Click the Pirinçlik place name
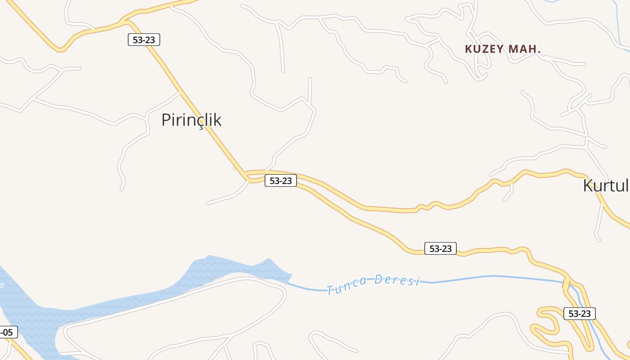coord(191,120)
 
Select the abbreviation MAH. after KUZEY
coord(525,49)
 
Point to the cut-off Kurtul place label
coord(605,185)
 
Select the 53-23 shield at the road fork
coord(281,181)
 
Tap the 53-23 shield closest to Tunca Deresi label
coord(440,248)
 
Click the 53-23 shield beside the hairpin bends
coord(579,314)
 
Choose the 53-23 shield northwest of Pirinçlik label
coord(144,40)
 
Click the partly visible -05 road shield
coord(8,333)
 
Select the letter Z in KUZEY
coord(486,49)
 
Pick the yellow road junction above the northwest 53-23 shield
coord(124,21)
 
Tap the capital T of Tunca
coord(330,290)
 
